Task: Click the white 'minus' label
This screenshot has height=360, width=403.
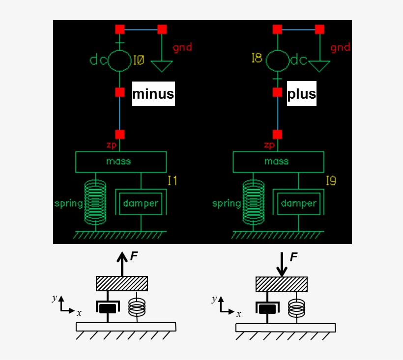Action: (x=153, y=94)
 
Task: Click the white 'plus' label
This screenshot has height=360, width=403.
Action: (x=301, y=94)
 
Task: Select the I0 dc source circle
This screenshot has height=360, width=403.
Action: (x=119, y=61)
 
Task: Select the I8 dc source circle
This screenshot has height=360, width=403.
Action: (x=277, y=61)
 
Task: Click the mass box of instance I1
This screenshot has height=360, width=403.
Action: (x=121, y=162)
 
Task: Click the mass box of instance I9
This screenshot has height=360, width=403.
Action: (x=278, y=162)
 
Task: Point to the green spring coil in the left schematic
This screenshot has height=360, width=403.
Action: (x=95, y=201)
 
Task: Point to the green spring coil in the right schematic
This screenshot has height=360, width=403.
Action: (x=253, y=201)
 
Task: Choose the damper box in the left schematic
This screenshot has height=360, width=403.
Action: (x=141, y=202)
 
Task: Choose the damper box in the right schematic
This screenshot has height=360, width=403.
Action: (x=298, y=202)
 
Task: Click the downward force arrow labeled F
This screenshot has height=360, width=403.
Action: (x=282, y=264)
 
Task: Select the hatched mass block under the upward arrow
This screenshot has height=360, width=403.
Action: (x=121, y=284)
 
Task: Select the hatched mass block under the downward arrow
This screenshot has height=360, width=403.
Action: (x=282, y=284)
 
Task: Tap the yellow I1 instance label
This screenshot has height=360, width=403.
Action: (x=172, y=181)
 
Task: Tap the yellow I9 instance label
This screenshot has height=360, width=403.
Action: (x=331, y=181)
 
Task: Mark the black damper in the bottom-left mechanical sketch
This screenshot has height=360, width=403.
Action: (x=108, y=308)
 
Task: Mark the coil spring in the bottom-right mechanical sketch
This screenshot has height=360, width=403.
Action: (x=296, y=308)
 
